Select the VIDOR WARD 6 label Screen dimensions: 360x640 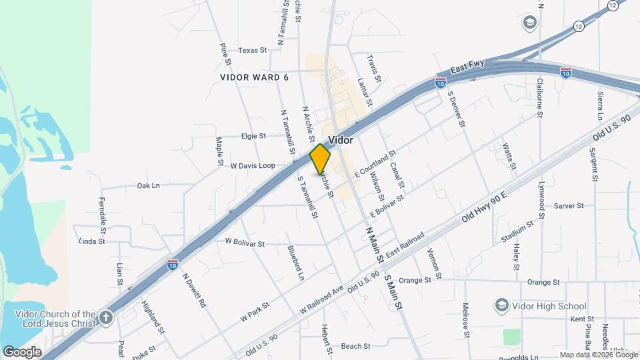point(255,77)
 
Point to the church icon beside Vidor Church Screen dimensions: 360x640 point(107,319)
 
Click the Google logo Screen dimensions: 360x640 point(22,351)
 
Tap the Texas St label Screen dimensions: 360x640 point(252,50)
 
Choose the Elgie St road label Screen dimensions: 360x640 point(253,135)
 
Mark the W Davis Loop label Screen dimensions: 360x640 point(252,165)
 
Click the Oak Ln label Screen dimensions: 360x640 point(149,185)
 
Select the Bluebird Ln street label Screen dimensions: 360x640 point(295,263)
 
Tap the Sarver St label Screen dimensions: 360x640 point(569,206)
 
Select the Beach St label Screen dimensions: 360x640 point(355,346)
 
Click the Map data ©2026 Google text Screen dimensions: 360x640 point(599,355)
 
